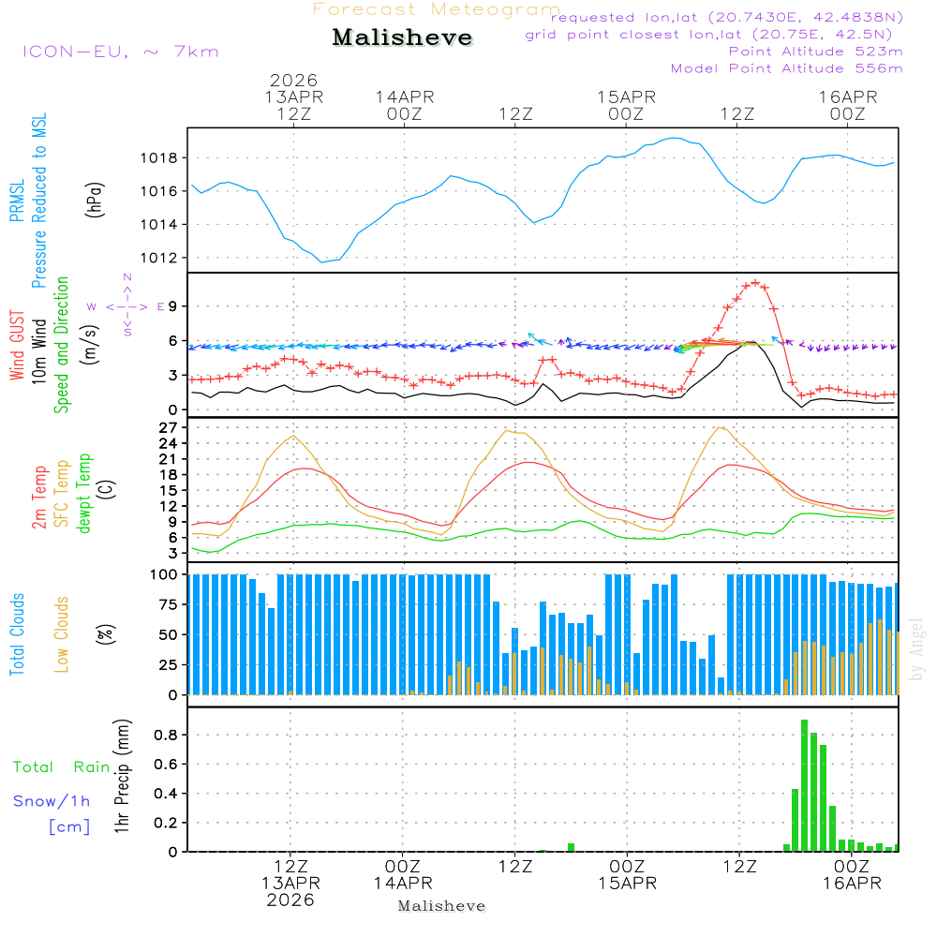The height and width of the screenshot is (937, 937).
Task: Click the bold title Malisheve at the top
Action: click(x=403, y=38)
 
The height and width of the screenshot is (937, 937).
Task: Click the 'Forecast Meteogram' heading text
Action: click(x=437, y=9)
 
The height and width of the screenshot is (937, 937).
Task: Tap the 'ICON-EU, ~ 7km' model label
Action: click(x=120, y=52)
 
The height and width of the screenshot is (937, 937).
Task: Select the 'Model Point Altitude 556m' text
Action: click(x=787, y=68)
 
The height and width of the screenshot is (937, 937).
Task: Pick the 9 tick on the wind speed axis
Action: click(x=173, y=306)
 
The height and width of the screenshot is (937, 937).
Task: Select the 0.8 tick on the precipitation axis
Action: click(x=166, y=735)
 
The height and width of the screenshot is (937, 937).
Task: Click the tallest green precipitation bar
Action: click(x=804, y=785)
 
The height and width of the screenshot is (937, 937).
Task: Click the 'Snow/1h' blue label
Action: click(x=52, y=801)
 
